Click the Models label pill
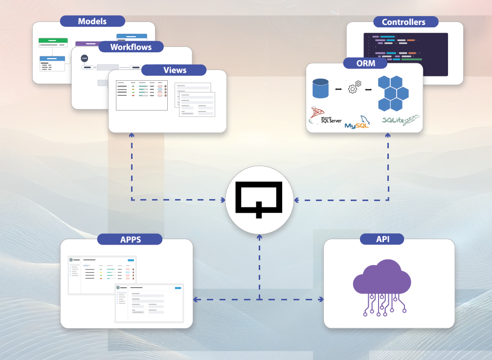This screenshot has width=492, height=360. pyautogui.click(x=92, y=22)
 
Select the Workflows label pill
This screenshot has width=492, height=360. pyautogui.click(x=131, y=47)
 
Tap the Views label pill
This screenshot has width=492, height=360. pyautogui.click(x=175, y=70)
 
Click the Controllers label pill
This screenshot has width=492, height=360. pyautogui.click(x=403, y=22)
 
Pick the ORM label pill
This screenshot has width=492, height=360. pyautogui.click(x=365, y=63)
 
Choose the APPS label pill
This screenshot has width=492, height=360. pyautogui.click(x=130, y=239)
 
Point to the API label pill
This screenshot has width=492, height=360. pyautogui.click(x=382, y=239)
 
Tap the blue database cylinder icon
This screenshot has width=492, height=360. pyautogui.click(x=321, y=89)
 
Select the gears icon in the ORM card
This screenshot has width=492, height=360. pyautogui.click(x=354, y=88)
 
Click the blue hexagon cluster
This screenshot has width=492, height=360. pyautogui.click(x=393, y=93)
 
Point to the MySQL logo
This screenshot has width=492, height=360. pyautogui.click(x=358, y=123)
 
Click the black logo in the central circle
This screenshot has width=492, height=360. pyautogui.click(x=259, y=199)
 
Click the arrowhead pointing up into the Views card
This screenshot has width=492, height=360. pyautogui.click(x=131, y=135)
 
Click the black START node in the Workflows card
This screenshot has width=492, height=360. pyautogui.click(x=85, y=58)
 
